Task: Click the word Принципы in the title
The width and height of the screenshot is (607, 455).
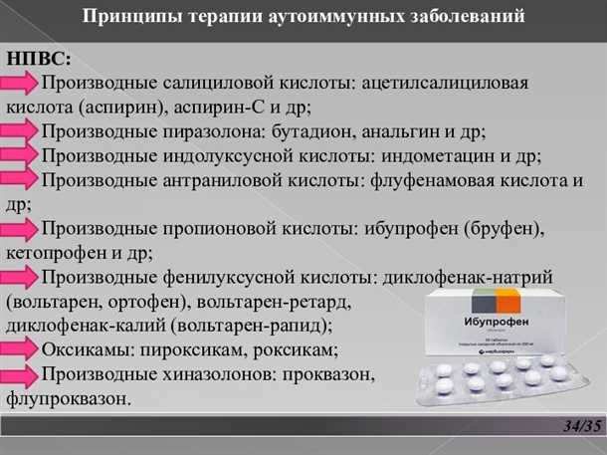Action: [x=126, y=18]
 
